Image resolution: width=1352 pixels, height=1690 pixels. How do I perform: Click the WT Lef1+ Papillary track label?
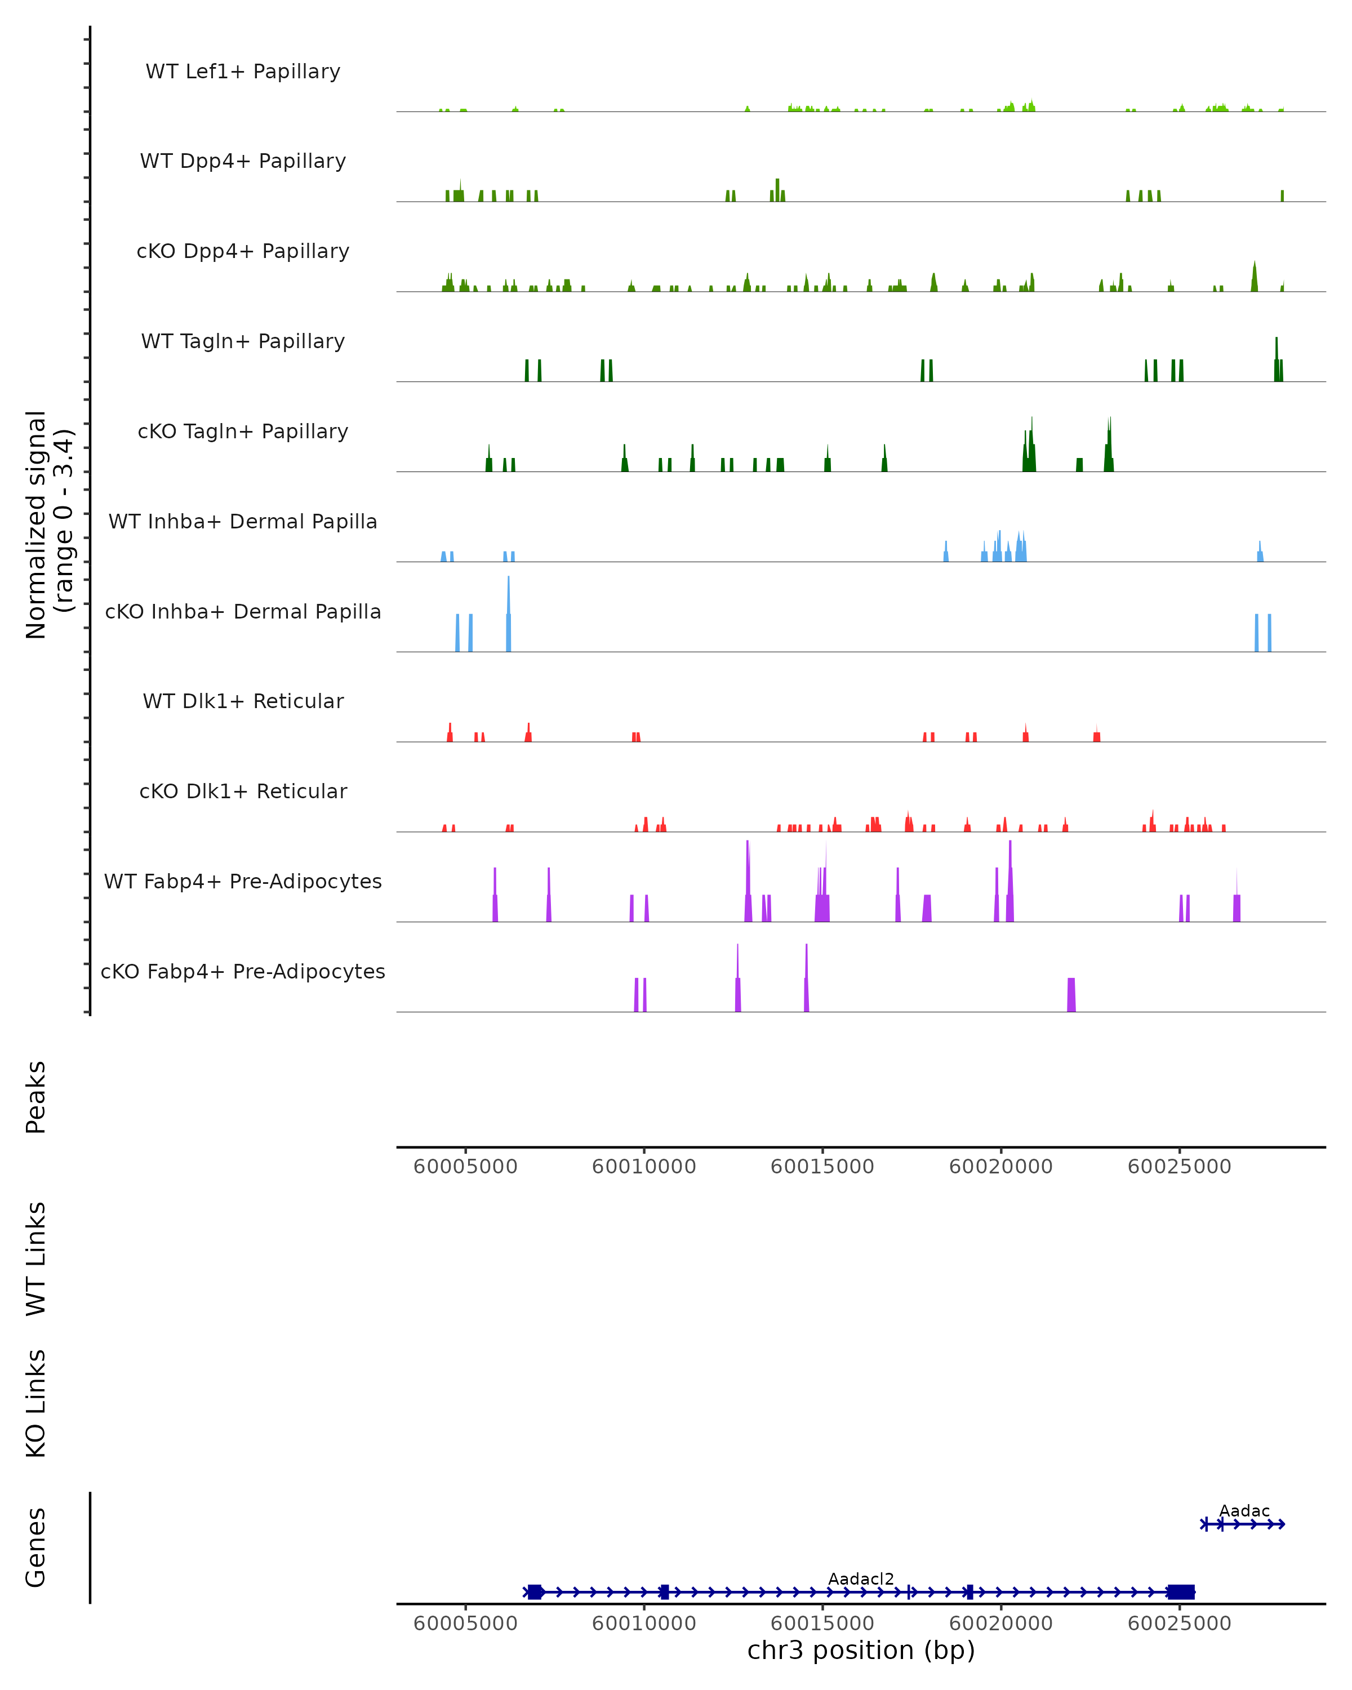(243, 72)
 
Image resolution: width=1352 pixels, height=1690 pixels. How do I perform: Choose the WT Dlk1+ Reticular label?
(243, 701)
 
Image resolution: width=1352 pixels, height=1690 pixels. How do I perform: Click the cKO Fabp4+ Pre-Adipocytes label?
(243, 971)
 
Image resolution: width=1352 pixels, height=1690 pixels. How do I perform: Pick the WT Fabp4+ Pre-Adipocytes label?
(243, 881)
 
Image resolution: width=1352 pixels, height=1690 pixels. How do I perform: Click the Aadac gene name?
(1244, 1510)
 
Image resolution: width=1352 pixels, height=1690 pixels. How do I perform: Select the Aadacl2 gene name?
(861, 1578)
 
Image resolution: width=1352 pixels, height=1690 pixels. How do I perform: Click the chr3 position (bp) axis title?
(861, 1650)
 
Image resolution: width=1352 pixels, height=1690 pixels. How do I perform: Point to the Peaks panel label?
(36, 1097)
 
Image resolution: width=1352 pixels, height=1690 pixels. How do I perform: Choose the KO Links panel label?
(36, 1403)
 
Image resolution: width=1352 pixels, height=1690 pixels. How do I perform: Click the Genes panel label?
(36, 1546)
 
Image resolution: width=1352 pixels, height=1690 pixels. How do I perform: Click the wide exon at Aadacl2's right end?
(1180, 1591)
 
